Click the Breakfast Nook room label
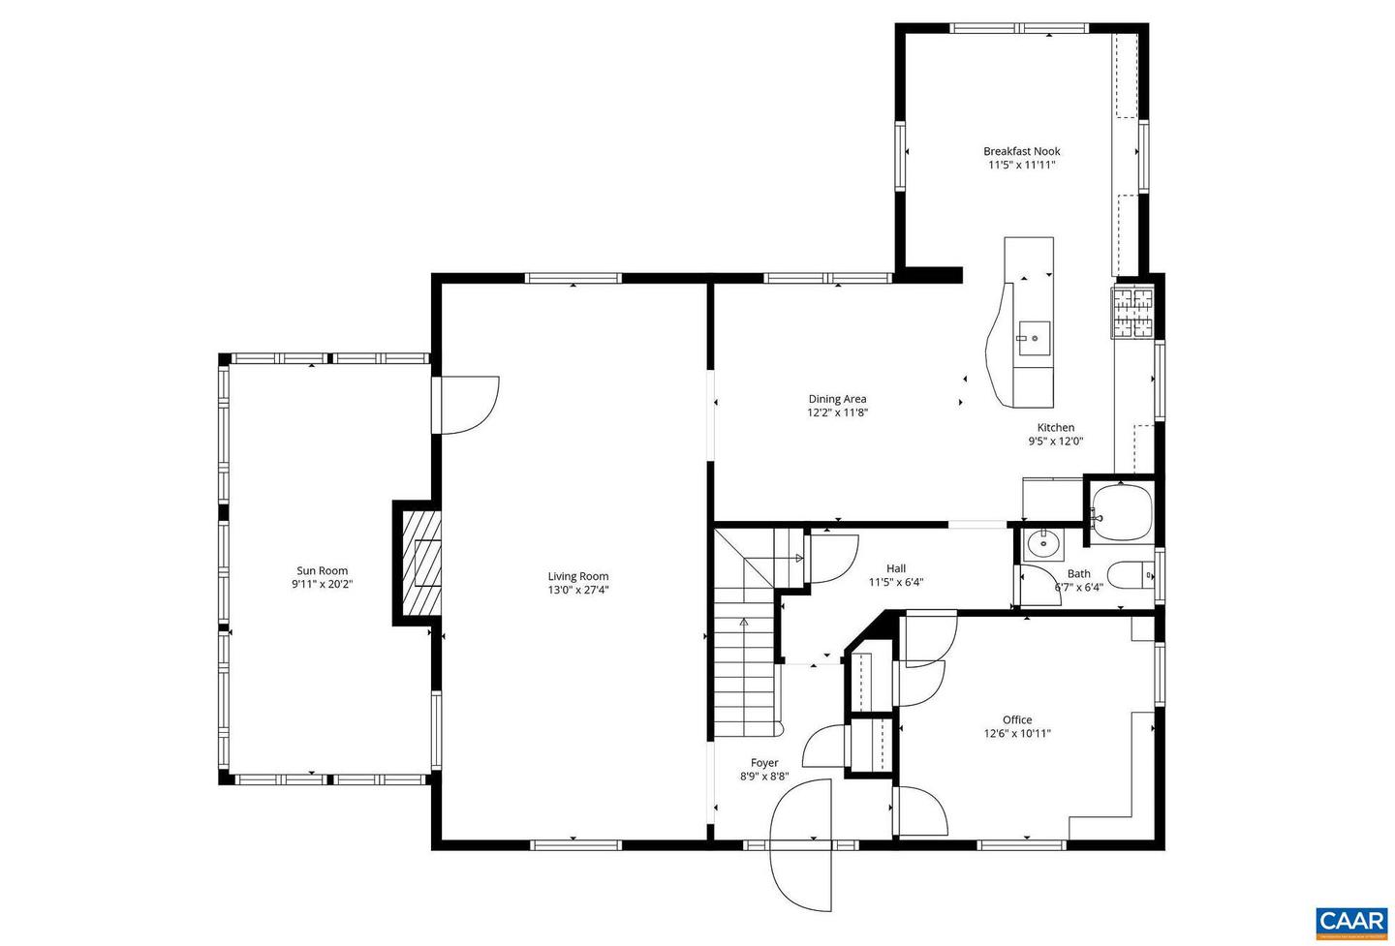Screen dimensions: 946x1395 1021,151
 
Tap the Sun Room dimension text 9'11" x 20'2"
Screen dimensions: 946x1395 322,585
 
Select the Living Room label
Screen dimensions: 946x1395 577,576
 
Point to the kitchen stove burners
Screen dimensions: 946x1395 1132,313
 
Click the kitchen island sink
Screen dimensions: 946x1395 1033,338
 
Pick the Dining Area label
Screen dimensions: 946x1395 837,399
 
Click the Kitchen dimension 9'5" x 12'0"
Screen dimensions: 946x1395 1055,442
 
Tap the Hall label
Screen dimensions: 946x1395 896,568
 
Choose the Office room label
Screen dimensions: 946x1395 1016,719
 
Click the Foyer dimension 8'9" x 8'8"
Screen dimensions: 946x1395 764,777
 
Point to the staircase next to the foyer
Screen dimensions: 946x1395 746,668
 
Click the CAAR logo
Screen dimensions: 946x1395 1350,921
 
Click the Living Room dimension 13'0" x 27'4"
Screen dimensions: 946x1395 577,590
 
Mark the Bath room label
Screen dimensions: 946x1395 1078,573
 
